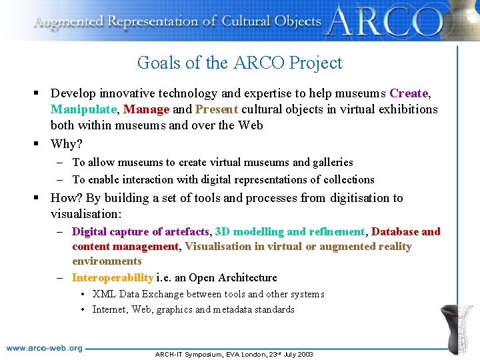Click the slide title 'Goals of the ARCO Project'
tap(239, 63)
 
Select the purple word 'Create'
tap(409, 93)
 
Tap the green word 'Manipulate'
tap(83, 109)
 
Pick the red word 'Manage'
tap(146, 109)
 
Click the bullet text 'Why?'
tap(67, 144)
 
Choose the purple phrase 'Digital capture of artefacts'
tap(140, 231)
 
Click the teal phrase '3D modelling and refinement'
tap(290, 231)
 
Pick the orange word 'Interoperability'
tap(112, 277)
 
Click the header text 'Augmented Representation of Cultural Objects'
tap(177, 21)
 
